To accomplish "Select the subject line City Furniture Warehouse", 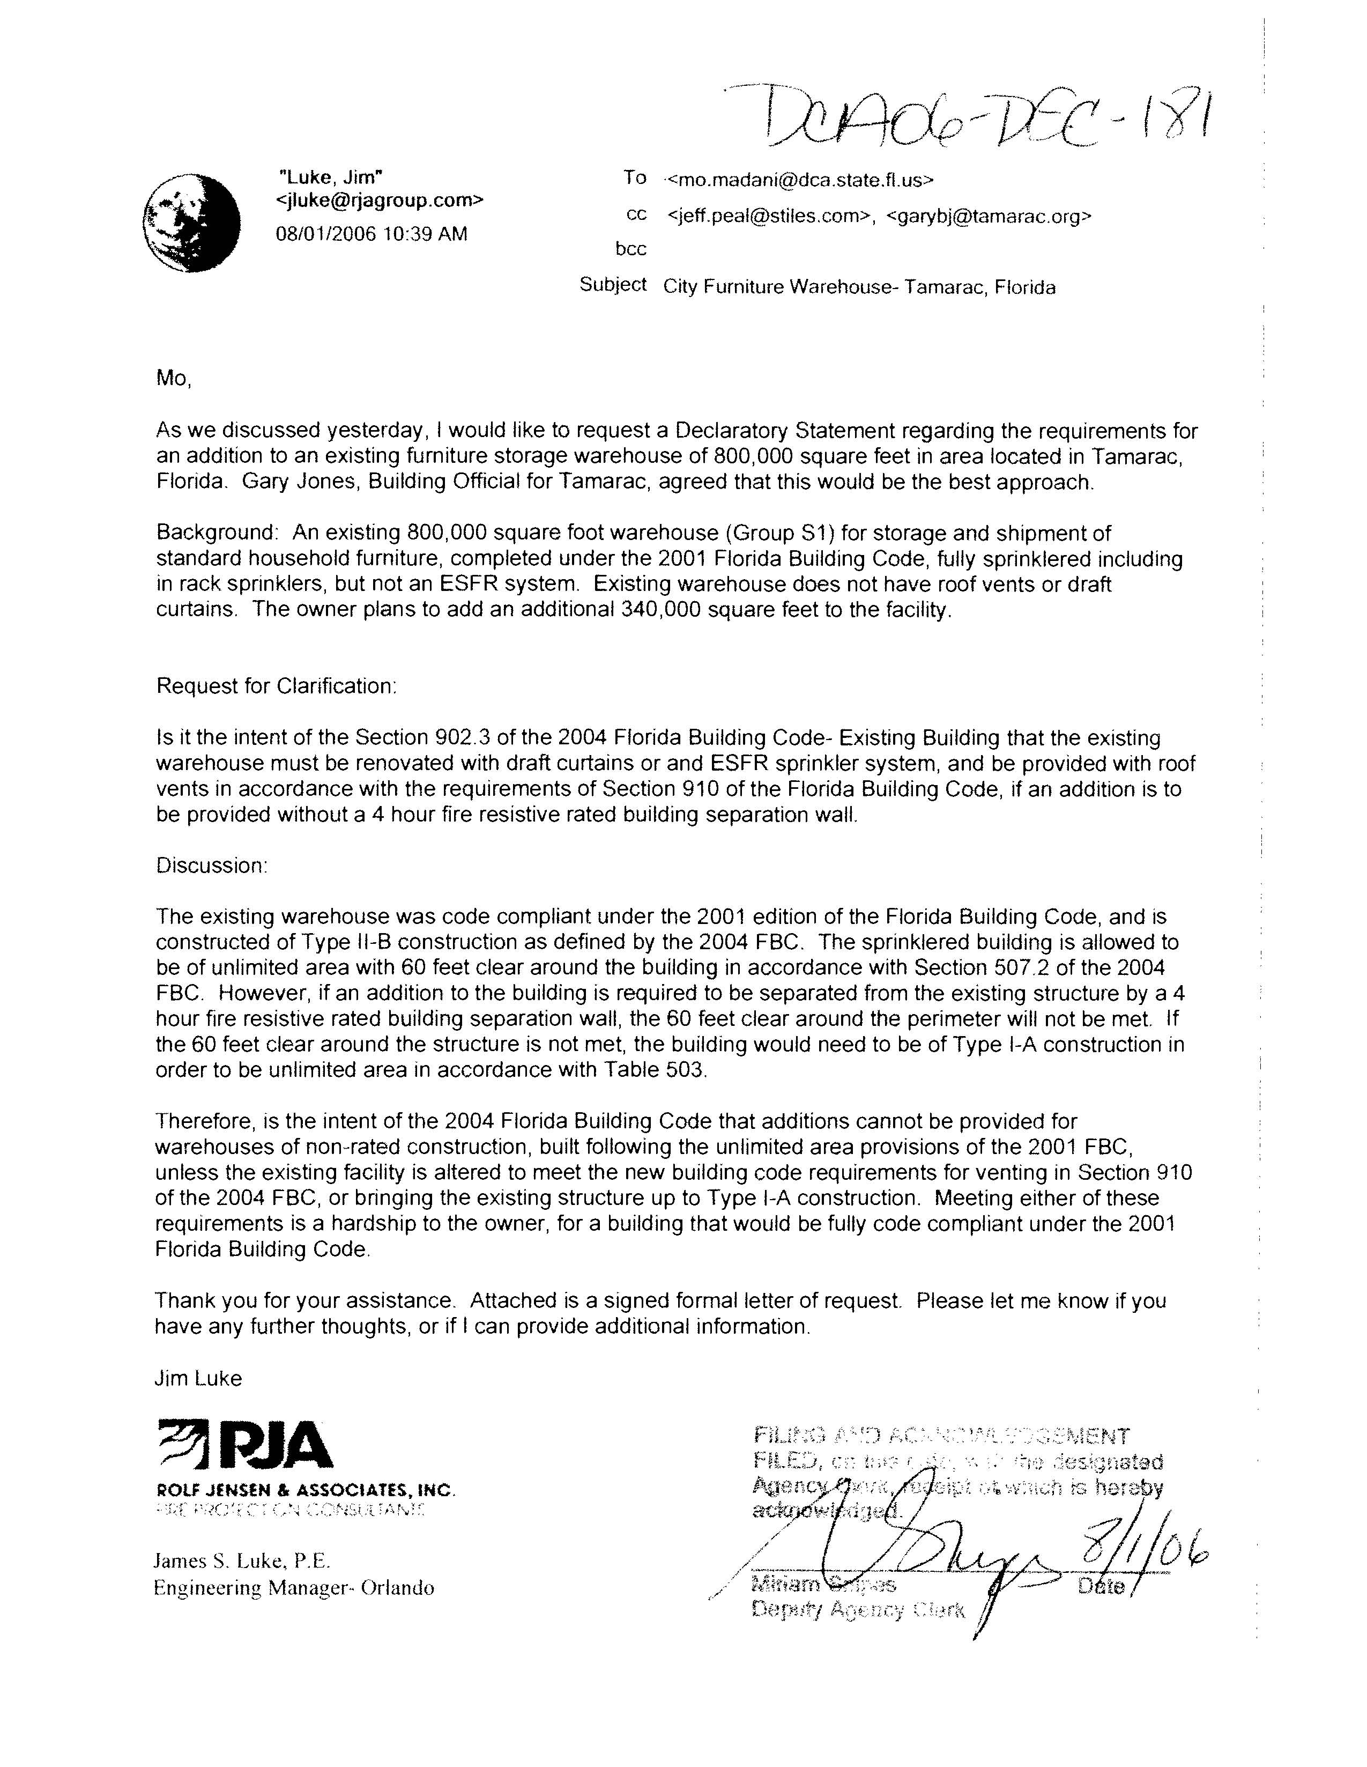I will [859, 287].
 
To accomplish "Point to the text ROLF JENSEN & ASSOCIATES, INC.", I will [306, 1489].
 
